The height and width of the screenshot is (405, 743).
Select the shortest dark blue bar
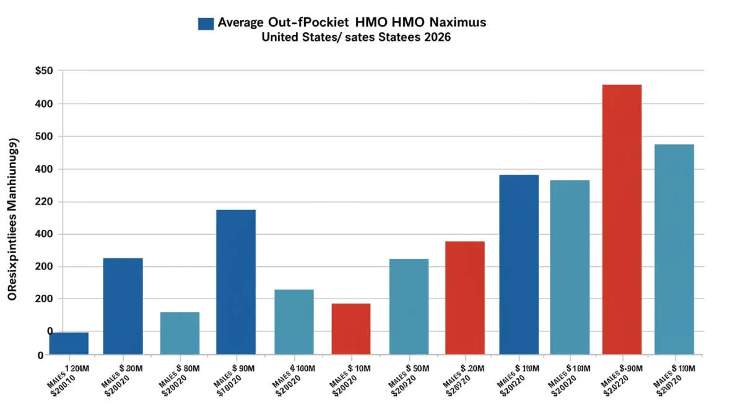coord(69,343)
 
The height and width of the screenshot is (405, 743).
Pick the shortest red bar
coord(351,328)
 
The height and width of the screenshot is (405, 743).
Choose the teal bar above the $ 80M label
coord(180,333)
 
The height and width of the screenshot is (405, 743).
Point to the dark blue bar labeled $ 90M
coord(235,282)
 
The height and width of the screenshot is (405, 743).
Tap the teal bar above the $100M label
coord(294,321)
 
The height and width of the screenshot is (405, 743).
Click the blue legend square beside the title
coord(206,24)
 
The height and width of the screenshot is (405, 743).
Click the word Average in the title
coord(241,23)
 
